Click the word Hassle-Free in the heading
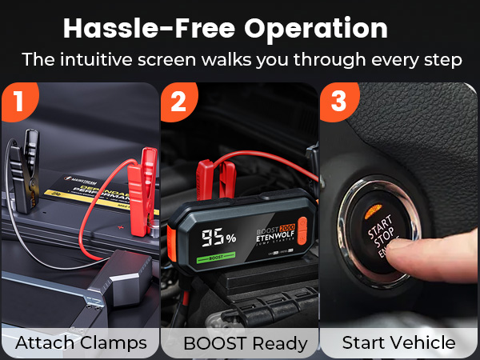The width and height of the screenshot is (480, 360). coord(148,29)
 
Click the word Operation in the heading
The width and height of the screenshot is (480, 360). coord(317,29)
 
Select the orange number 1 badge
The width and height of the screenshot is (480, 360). coord(16,102)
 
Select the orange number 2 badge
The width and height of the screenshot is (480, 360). coord(178,102)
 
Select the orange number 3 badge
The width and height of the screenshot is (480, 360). coord(338,102)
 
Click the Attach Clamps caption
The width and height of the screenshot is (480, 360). coord(82,343)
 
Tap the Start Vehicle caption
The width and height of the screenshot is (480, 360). coord(398,343)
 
